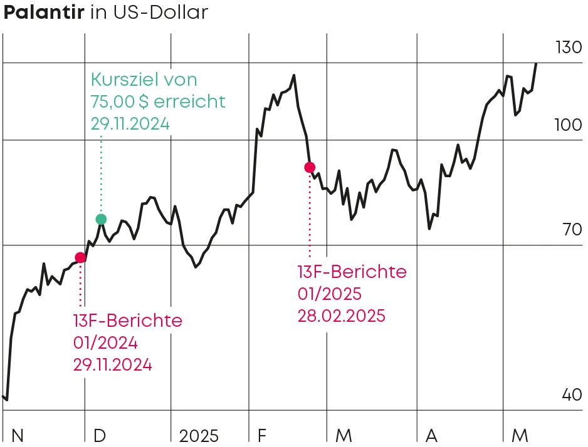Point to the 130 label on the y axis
tap(569, 48)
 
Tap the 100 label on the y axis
tap(569, 125)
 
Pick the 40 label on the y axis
tap(571, 395)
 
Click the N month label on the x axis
tap(18, 435)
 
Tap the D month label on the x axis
tap(100, 435)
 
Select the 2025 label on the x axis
tap(199, 435)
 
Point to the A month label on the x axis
tap(431, 435)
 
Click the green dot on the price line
tap(101, 219)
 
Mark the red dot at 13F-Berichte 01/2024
tap(80, 257)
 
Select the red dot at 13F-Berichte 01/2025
tap(309, 167)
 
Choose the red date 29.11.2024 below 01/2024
tap(112, 365)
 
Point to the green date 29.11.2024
tap(130, 123)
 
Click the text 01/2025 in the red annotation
tap(330, 294)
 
